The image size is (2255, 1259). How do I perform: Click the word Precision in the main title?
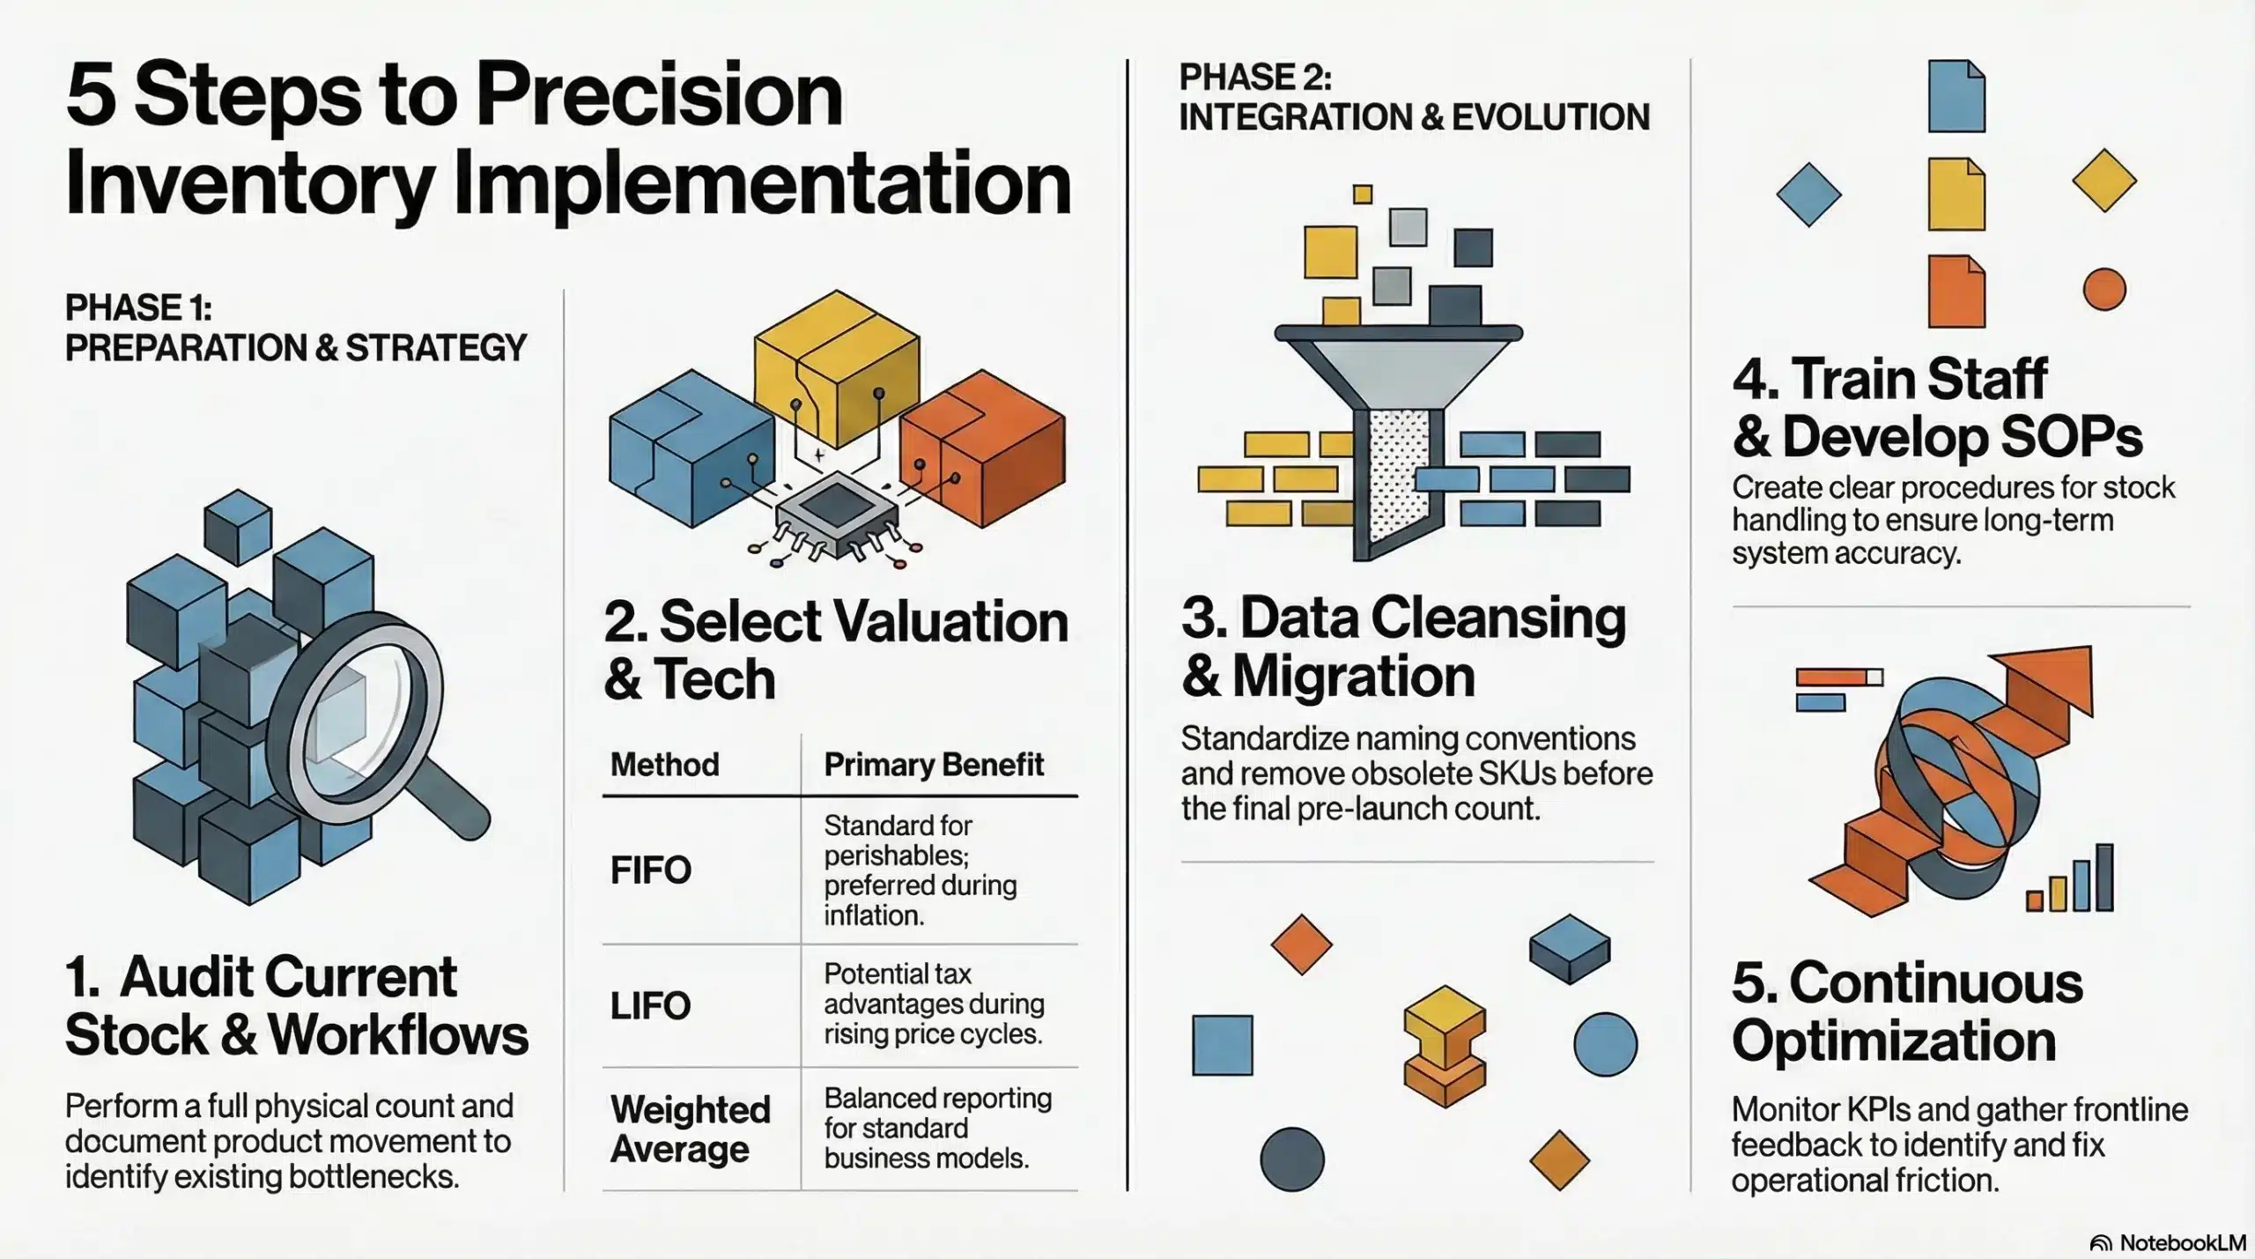660,95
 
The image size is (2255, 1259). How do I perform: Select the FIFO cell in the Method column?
651,870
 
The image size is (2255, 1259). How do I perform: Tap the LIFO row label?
650,1006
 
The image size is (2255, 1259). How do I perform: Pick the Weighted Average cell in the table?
691,1129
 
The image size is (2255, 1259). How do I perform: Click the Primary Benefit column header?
934,765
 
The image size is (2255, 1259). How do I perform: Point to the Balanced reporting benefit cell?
938,1128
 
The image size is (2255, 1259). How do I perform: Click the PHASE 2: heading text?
1255,78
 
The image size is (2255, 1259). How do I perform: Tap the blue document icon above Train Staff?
1956,97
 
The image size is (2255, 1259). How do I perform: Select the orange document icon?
1956,292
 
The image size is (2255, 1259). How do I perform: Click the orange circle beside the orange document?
2104,289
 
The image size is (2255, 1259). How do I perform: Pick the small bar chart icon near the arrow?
2071,878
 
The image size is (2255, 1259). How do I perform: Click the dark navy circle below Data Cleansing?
1292,1159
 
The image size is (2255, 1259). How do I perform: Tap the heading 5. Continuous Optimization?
1907,1011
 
